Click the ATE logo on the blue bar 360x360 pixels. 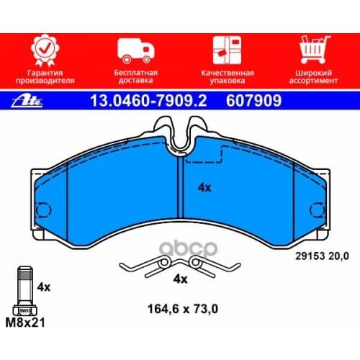27,101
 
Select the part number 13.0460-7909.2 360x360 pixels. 148,101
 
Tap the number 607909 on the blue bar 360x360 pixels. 253,101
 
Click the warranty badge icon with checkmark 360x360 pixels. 45,50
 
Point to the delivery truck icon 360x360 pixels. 136,50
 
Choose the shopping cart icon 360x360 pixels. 315,50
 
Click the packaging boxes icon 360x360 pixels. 227,50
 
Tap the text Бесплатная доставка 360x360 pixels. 136,76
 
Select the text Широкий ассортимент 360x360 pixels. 313,76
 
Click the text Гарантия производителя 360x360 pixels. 45,76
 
